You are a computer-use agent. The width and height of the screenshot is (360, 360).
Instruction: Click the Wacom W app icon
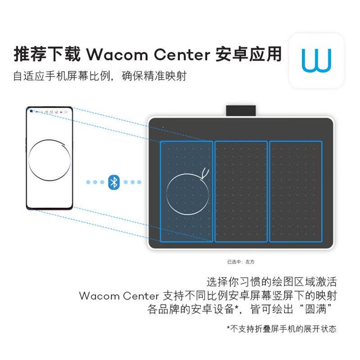click(x=316, y=60)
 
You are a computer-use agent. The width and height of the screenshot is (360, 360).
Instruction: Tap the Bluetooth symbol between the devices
click(x=114, y=182)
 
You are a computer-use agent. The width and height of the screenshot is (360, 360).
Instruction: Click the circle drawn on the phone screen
click(x=49, y=160)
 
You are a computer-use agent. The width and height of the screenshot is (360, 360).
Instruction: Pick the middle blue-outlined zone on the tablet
click(x=241, y=191)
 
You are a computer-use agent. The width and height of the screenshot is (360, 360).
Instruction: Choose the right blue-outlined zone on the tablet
click(x=296, y=191)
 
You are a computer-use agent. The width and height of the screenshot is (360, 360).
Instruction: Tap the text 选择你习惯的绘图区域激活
click(x=271, y=282)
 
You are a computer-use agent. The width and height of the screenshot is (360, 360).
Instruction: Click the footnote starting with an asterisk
click(x=281, y=329)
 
